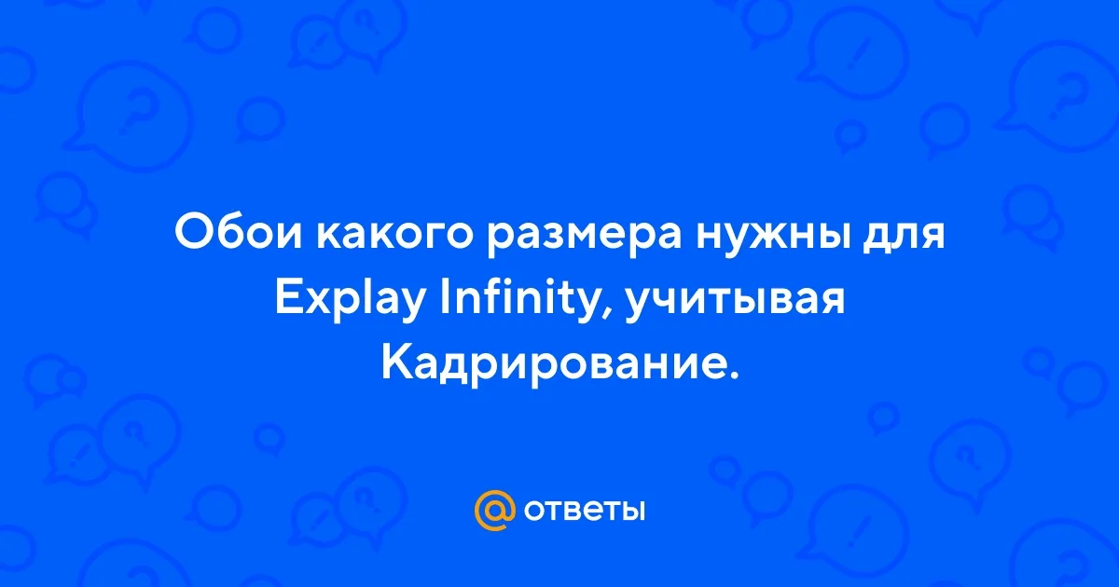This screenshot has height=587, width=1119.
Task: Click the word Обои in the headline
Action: pyautogui.click(x=239, y=233)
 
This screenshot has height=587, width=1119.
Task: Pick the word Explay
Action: pyautogui.click(x=349, y=303)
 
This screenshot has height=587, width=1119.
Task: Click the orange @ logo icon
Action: pyautogui.click(x=494, y=511)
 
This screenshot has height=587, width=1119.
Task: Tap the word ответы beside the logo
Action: pyautogui.click(x=584, y=511)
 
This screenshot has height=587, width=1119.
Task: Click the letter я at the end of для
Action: pyautogui.click(x=932, y=236)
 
